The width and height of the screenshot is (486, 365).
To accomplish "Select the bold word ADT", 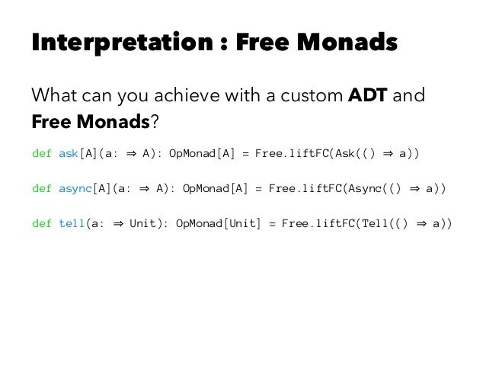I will (x=370, y=98).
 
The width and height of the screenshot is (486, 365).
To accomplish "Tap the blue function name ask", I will (x=69, y=153).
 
